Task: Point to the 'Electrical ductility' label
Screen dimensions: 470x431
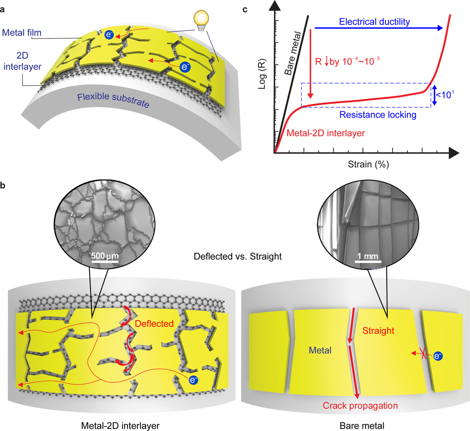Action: click(368, 21)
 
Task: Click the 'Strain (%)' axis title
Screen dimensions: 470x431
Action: click(368, 165)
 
